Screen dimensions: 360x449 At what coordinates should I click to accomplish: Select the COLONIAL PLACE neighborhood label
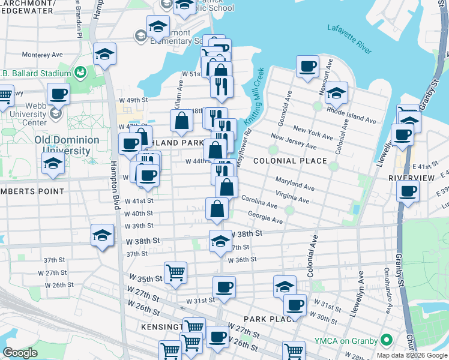pos(290,161)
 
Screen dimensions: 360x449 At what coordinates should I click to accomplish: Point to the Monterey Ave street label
pos(42,54)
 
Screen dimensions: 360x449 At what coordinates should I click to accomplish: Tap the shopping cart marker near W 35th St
pos(175,272)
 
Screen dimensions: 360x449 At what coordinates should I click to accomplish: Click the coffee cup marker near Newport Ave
pos(307,66)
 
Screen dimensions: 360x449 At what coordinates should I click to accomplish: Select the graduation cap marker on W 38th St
pos(220,241)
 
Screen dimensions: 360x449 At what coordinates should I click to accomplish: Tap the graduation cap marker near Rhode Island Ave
pos(336,92)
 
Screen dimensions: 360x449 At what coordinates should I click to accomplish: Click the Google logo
pos(20,353)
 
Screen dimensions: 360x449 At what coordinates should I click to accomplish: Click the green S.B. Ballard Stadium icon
pos(80,73)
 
